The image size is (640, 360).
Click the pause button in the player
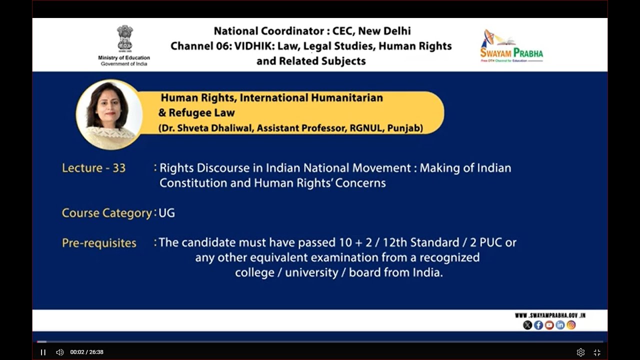point(43,352)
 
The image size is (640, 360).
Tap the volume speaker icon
point(59,352)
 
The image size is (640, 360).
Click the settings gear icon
point(580,352)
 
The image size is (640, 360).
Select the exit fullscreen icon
point(597,352)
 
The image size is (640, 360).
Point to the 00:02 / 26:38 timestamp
point(87,352)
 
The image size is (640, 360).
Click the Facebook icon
point(538,325)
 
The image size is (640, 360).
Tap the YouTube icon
point(549,325)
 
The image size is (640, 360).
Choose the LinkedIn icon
point(560,325)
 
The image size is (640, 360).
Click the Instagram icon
point(571,325)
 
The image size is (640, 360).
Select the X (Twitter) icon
point(527,325)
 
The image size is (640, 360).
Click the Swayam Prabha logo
point(511,46)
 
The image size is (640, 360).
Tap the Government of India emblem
point(124,38)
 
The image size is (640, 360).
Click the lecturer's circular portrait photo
point(109,114)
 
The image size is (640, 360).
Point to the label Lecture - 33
point(93,168)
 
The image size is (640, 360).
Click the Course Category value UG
point(167,213)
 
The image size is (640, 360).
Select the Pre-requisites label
point(99,243)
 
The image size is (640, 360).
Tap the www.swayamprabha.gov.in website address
point(550,315)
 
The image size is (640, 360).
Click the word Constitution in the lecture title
point(193,183)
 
